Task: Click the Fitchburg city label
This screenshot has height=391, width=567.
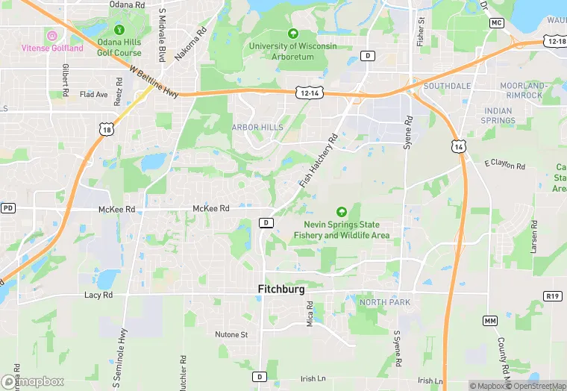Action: tap(281, 289)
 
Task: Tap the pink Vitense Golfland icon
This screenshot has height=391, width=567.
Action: tap(52, 36)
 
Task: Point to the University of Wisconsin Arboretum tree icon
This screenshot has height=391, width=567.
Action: tap(293, 34)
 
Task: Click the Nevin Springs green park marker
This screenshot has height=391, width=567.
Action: tap(342, 213)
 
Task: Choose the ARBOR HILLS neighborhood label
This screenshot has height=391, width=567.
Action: tap(257, 128)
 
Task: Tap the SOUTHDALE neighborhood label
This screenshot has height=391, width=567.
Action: tap(447, 86)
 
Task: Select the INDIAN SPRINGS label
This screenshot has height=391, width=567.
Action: tap(498, 116)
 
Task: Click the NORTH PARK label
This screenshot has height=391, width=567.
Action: tap(385, 302)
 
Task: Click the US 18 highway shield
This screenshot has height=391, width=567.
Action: tap(109, 129)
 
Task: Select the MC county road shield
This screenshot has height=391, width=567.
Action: tap(497, 23)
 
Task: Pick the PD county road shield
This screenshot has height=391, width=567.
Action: tap(8, 207)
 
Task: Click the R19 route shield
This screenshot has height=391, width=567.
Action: tap(552, 296)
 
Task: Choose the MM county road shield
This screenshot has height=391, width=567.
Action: tap(490, 320)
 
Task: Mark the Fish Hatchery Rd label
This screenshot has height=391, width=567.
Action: tap(319, 160)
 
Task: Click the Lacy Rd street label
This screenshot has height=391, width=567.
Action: tap(98, 295)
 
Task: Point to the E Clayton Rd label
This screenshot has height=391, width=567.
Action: tap(504, 163)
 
